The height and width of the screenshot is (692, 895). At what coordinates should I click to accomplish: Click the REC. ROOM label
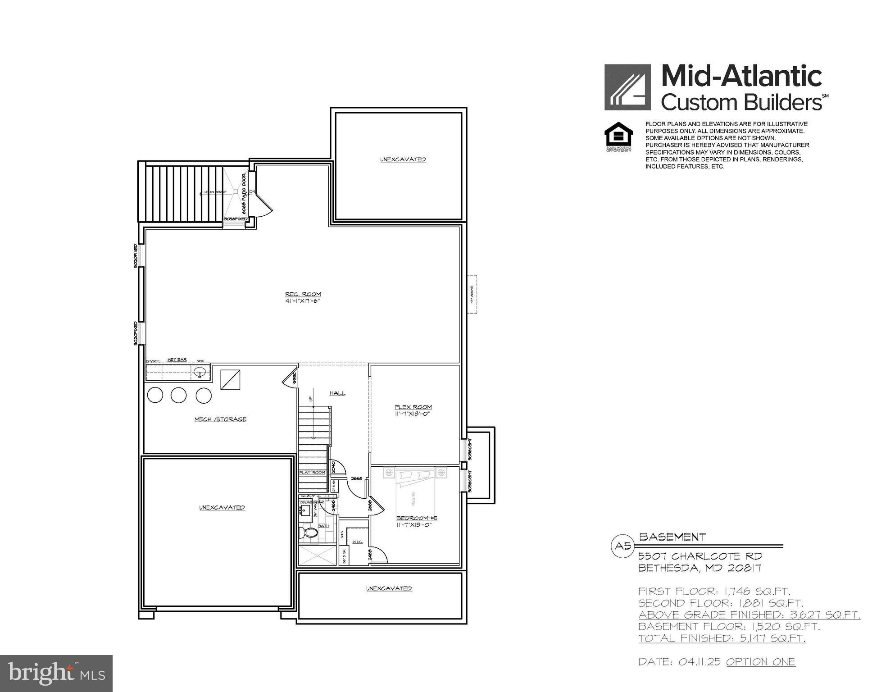click(x=303, y=295)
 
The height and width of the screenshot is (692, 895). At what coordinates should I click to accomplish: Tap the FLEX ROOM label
click(x=413, y=407)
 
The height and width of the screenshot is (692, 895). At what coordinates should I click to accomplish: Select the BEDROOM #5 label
click(x=416, y=518)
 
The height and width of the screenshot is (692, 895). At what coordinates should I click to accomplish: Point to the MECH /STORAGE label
click(x=220, y=419)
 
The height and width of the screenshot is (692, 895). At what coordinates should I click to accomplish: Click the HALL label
click(x=337, y=393)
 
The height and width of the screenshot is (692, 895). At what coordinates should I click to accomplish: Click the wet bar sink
click(x=200, y=373)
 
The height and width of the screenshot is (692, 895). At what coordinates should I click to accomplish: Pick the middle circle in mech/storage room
click(x=178, y=395)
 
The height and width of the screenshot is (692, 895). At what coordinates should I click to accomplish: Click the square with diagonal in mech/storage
click(x=230, y=380)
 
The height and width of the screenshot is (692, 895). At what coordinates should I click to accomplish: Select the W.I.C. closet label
click(x=358, y=542)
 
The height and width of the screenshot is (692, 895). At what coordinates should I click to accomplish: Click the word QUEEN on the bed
click(x=412, y=498)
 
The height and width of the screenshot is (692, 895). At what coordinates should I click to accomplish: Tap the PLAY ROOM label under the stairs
click(x=312, y=473)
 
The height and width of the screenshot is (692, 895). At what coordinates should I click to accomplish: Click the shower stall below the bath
click(x=318, y=555)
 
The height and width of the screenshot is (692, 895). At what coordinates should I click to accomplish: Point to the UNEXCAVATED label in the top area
click(x=403, y=159)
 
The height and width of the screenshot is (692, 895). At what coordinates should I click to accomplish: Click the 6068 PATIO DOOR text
click(x=244, y=193)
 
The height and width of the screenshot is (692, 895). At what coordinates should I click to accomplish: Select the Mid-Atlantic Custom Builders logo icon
click(x=627, y=87)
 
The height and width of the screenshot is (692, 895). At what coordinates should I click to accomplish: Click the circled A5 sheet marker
click(x=622, y=546)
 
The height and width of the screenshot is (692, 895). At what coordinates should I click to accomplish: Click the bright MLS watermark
click(x=56, y=673)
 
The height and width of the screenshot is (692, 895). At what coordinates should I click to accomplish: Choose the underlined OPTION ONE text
click(x=760, y=662)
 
